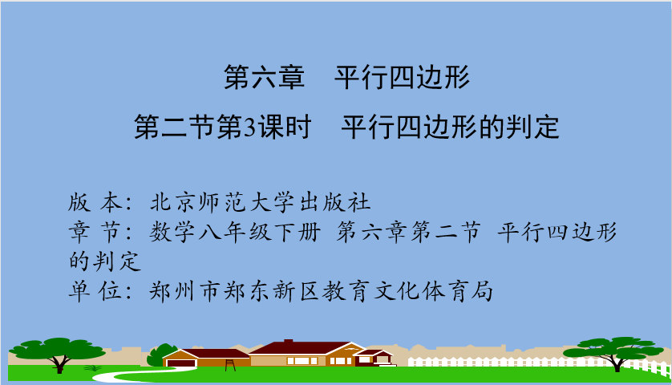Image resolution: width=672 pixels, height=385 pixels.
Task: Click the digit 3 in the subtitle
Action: tap(250, 128)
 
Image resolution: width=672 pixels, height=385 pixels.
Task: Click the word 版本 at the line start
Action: tap(95, 202)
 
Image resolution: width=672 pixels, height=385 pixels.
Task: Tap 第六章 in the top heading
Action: tap(264, 78)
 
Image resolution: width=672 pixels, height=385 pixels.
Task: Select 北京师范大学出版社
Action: tap(260, 202)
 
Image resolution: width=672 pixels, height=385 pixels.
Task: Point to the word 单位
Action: tap(95, 291)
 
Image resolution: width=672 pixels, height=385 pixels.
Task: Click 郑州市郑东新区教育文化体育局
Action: tap(321, 291)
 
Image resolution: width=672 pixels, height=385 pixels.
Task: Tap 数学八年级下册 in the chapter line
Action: tap(235, 233)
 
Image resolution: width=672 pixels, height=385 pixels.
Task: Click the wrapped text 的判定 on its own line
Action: tap(105, 261)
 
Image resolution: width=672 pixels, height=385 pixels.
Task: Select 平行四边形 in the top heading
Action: tap(402, 78)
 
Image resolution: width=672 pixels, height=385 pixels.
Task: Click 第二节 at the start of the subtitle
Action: tap(175, 128)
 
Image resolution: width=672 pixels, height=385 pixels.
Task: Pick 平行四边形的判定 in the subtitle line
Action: tap(450, 128)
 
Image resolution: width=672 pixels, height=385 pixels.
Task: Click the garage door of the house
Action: tap(181, 363)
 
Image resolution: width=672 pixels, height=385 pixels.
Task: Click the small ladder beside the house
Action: tap(230, 365)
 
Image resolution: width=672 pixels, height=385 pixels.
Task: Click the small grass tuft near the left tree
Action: tap(92, 368)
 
